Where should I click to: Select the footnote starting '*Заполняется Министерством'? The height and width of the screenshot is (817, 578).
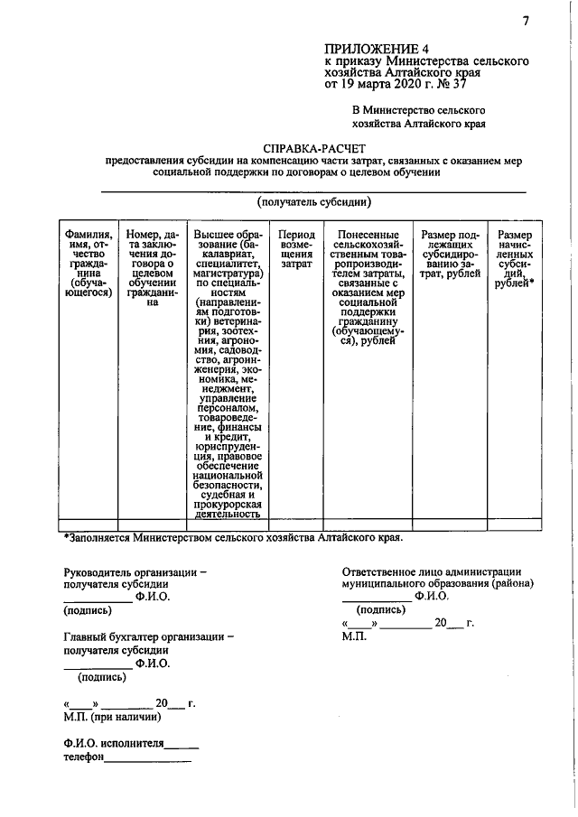233,537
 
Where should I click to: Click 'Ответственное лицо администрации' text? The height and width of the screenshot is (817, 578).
431,571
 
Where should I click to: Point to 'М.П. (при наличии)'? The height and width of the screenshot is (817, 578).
113,718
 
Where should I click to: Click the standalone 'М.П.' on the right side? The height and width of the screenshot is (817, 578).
355,636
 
